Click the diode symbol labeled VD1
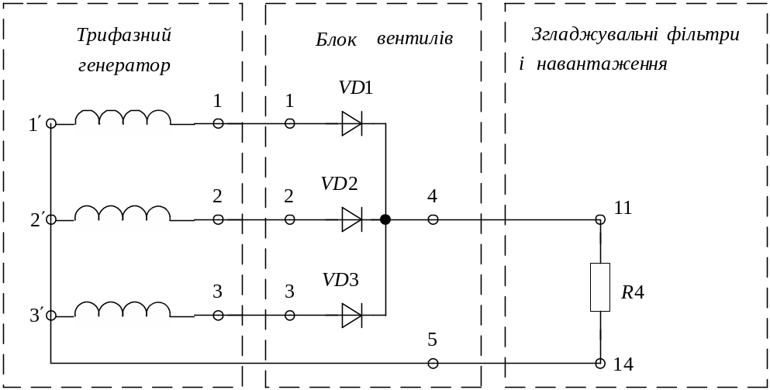[352, 123]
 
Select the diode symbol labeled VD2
[352, 219]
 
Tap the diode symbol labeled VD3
[352, 315]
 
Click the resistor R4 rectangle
[600, 287]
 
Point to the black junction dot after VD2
[385, 219]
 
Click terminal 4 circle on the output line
[433, 219]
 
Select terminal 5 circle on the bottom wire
[433, 363]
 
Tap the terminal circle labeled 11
[600, 219]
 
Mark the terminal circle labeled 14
[600, 363]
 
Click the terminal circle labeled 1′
[50, 123]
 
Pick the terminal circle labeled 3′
[50, 315]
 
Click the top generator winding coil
[123, 123]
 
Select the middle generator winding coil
[123, 219]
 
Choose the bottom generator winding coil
[123, 315]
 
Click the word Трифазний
[124, 36]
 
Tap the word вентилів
[414, 39]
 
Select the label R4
[632, 293]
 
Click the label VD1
[356, 88]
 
